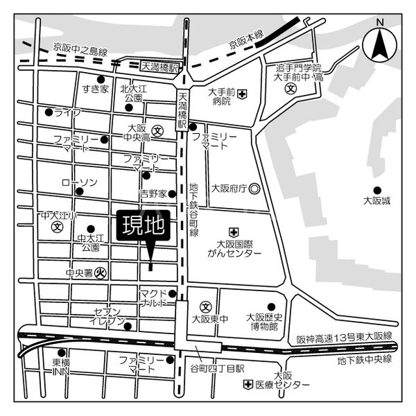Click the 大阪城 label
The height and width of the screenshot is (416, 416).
377,201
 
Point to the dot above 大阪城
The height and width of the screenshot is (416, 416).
377,189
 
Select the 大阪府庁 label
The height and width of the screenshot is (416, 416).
229,188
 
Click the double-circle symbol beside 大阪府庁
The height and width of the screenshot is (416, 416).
254,188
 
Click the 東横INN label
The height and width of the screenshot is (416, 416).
61,367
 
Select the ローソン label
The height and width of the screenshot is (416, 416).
79,182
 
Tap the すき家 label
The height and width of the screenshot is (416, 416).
95,89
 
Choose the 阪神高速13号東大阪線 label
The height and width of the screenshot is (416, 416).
344,336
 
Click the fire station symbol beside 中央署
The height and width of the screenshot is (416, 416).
101,273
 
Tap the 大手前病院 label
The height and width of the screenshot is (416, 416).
221,96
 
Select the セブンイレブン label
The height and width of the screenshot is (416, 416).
107,316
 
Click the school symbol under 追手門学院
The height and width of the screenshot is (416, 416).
293,89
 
